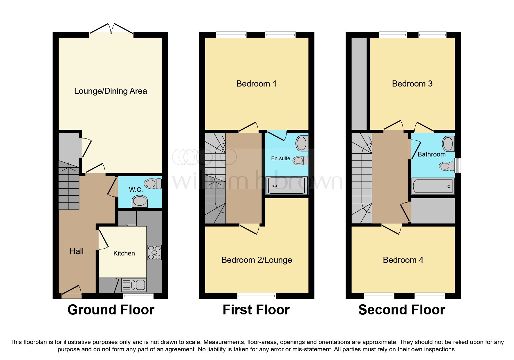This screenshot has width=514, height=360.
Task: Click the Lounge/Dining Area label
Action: click(111, 91)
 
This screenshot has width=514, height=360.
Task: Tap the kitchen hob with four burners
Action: click(154, 253)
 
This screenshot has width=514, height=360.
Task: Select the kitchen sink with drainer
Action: click(134, 285)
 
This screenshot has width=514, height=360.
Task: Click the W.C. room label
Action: click(136, 190)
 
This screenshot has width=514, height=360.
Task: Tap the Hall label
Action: click(77, 251)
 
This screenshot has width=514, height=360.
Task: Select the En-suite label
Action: click(280, 159)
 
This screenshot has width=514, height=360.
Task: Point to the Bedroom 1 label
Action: click(256, 84)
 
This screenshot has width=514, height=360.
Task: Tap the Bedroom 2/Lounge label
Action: click(257, 260)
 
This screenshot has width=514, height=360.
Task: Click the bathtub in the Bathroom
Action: click(433, 186)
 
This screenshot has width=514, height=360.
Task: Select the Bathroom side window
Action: click(458, 165)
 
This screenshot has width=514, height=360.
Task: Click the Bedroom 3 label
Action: click(412, 84)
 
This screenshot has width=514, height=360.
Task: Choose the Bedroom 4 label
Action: click(403, 260)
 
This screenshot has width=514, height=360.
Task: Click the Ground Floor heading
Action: click(111, 310)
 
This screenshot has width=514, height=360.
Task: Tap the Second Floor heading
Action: click(402, 310)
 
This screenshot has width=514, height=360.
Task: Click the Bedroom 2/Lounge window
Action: click(257, 296)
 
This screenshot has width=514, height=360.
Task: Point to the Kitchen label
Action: click(124, 253)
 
